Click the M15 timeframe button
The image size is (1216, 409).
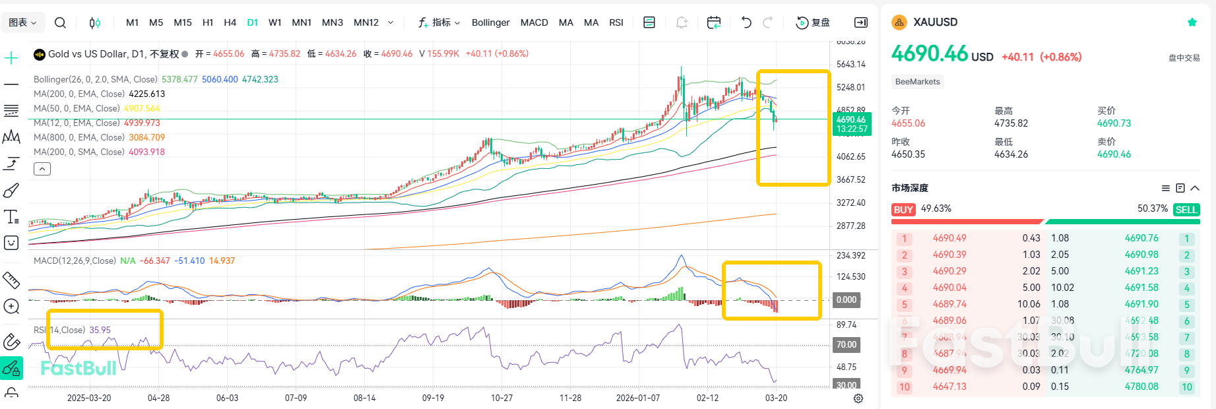pos(183,22)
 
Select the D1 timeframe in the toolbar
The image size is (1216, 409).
pos(252,22)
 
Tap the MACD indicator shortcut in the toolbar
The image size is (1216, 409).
pos(534,22)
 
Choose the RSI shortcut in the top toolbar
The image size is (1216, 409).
pos(616,22)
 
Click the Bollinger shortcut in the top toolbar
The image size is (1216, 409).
pos(490,22)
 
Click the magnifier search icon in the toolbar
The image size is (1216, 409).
pos(60,22)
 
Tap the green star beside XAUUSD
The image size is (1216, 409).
pos(1192,22)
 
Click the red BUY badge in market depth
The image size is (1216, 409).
pos(903,210)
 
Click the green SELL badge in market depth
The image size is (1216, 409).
pos(1186,210)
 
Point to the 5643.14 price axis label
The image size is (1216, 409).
pos(850,65)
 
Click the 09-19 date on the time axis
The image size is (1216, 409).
pos(433,398)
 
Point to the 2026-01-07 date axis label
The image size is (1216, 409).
pos(637,398)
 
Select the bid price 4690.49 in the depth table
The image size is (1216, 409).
pos(949,238)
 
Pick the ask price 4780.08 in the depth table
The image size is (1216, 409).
pos(1141,387)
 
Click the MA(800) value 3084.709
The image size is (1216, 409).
pos(146,137)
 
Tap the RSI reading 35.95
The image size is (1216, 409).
pos(100,330)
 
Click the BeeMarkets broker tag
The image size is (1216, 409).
pos(917,82)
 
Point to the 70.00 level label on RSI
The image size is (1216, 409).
pos(847,344)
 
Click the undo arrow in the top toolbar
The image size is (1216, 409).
pos(746,22)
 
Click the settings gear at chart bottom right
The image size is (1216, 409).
pos(858,398)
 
